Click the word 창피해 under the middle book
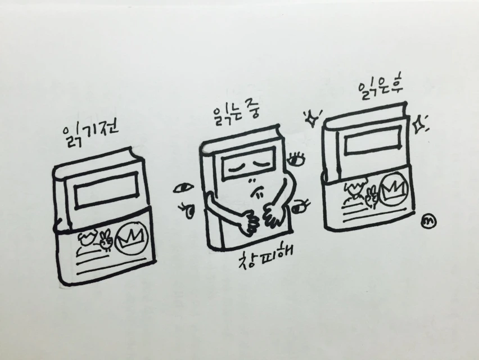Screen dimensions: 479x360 click(x=265, y=256)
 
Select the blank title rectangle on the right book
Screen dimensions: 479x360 click(x=372, y=139)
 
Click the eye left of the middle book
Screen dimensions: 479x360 click(x=183, y=188)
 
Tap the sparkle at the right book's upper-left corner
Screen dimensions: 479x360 click(x=312, y=119)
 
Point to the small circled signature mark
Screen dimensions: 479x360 click(x=428, y=222)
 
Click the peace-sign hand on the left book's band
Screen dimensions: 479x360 click(x=106, y=239)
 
